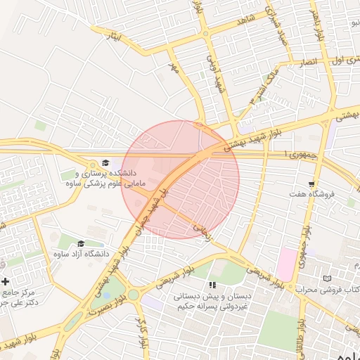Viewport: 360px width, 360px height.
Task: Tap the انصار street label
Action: click(307, 62)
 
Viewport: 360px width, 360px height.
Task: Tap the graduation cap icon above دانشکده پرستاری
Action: click(105, 163)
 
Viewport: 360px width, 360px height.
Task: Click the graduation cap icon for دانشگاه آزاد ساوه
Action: click(81, 243)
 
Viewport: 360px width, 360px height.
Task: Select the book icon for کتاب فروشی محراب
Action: click(326, 279)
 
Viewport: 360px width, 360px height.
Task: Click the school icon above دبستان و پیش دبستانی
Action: click(213, 285)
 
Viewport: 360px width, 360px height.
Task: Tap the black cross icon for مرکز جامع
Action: click(6, 281)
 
